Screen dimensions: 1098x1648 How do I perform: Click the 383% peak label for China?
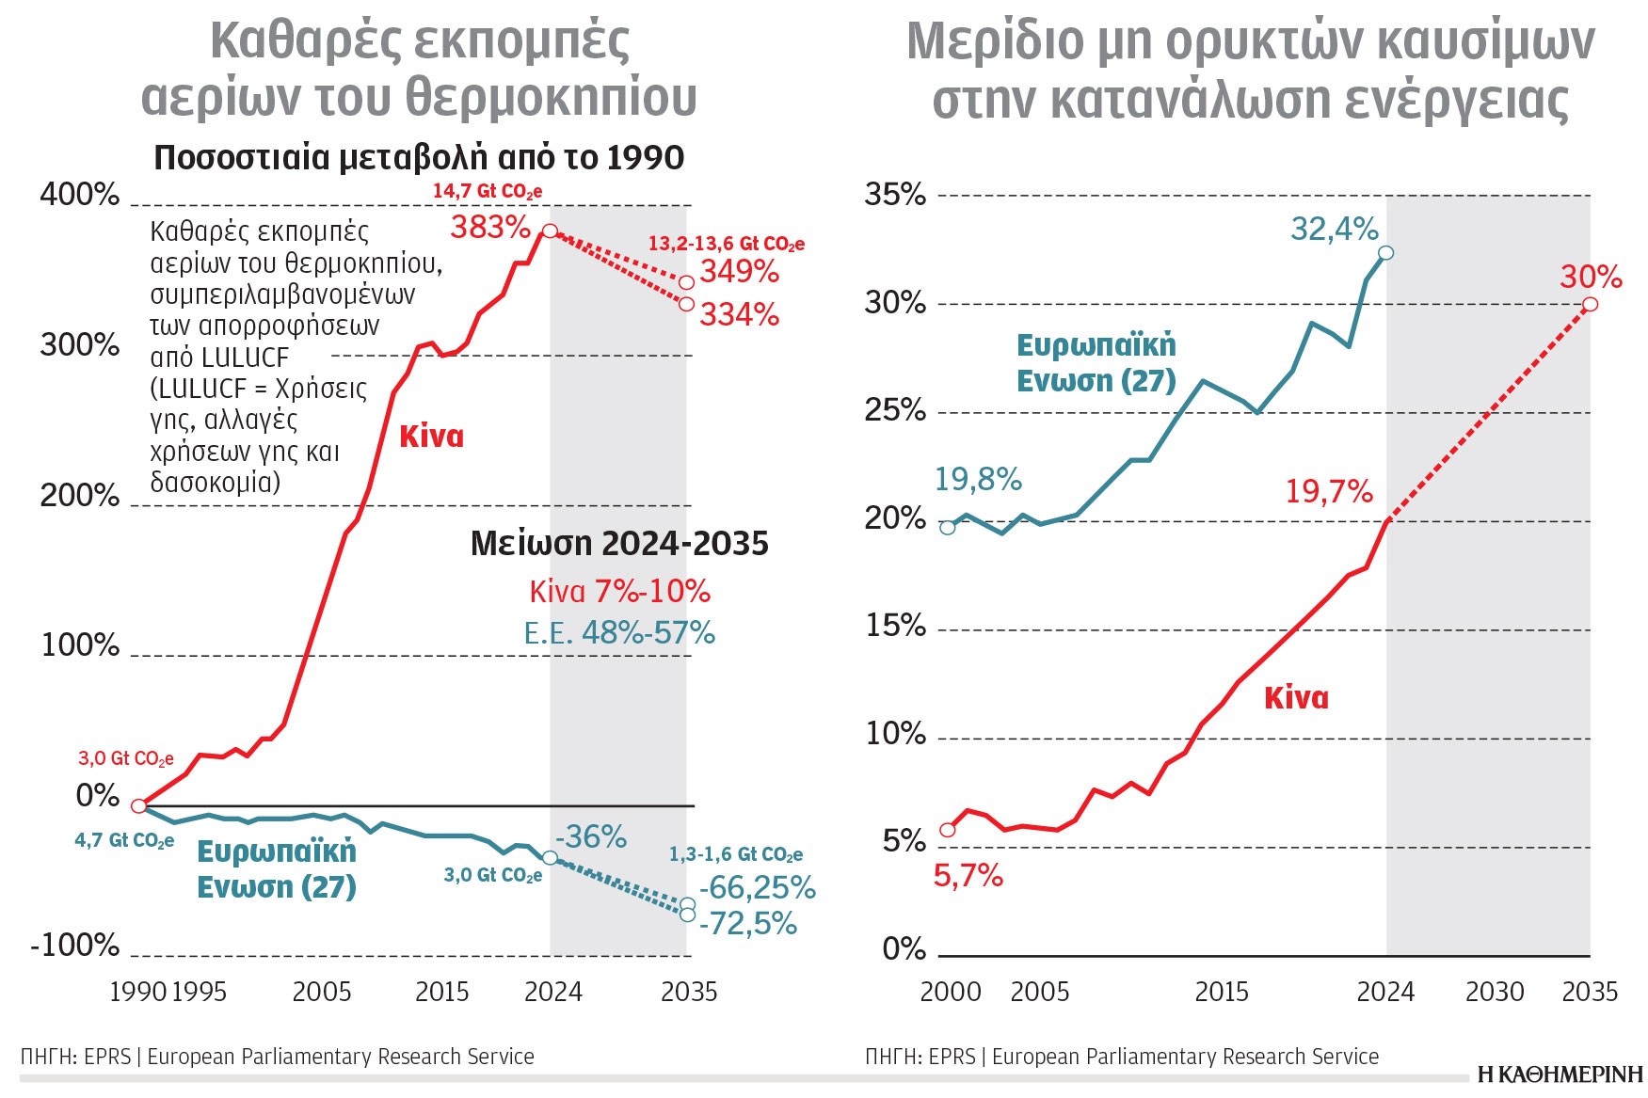(490, 227)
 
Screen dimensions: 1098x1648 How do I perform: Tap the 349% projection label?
(739, 272)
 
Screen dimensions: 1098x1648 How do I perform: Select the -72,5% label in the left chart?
(747, 924)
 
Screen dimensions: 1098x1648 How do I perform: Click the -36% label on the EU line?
(591, 836)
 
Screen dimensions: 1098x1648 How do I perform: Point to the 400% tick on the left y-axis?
(80, 195)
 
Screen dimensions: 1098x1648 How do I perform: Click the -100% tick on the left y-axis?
(75, 945)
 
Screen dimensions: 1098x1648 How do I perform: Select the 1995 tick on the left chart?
(199, 992)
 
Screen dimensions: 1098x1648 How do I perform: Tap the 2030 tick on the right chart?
(1494, 992)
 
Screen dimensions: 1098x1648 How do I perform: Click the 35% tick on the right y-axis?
(895, 195)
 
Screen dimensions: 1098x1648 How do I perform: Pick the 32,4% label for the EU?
(1334, 229)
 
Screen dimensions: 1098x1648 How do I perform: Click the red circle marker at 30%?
(1590, 304)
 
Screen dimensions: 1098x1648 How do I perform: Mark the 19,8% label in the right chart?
(977, 480)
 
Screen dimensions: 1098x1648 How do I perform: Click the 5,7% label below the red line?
(968, 876)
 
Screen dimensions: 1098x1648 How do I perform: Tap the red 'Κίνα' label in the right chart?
(1296, 698)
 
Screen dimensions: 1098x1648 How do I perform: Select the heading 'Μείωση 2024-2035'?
(619, 544)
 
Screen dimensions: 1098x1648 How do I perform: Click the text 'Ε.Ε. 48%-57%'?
(619, 633)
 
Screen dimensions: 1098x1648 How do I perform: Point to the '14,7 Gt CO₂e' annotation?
(487, 191)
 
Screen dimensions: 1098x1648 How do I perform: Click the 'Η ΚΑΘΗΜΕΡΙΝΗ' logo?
(1560, 1074)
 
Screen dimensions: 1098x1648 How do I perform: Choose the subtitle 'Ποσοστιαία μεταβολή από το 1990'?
(419, 158)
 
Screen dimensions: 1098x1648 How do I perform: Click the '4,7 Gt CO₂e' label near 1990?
(124, 840)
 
